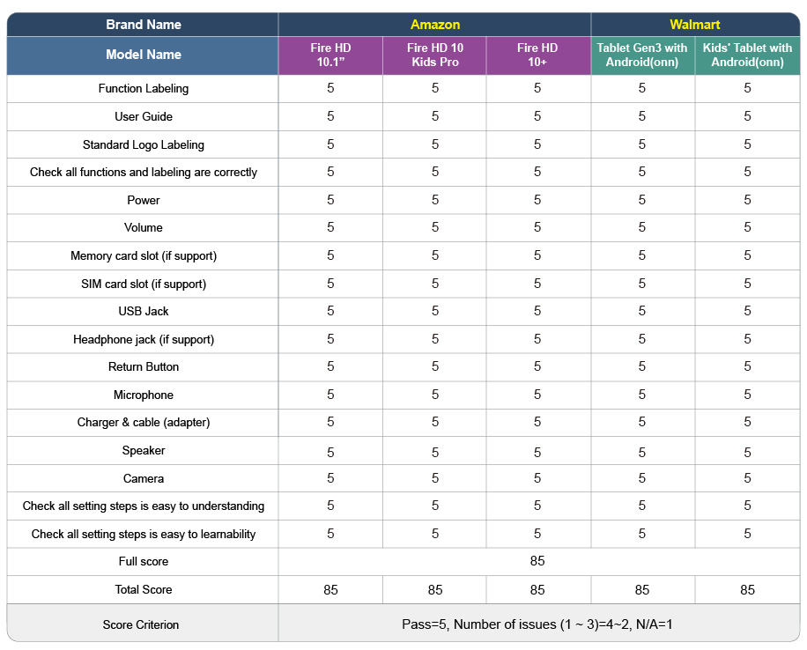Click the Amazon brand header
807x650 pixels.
(x=435, y=25)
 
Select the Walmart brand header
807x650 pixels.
(x=695, y=25)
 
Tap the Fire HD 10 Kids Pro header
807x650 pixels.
(x=435, y=55)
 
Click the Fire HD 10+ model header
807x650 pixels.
(x=537, y=55)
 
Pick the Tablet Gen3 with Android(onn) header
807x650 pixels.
(x=641, y=55)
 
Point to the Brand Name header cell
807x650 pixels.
(x=144, y=25)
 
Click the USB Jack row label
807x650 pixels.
(x=144, y=312)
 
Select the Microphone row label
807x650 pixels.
(x=144, y=395)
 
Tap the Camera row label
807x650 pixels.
(x=144, y=478)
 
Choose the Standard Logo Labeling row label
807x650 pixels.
(x=144, y=145)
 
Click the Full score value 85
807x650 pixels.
(x=537, y=561)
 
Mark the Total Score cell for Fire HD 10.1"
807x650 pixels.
(x=330, y=590)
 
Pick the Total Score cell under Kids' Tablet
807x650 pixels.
(x=747, y=590)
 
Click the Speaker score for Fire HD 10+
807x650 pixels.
(x=537, y=453)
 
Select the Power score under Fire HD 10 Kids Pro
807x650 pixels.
(x=435, y=200)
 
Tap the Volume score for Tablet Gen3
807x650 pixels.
(x=641, y=227)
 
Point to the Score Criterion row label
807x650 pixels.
(x=141, y=624)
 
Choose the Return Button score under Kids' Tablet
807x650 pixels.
(x=747, y=366)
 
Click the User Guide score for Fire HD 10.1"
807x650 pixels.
(x=330, y=115)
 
